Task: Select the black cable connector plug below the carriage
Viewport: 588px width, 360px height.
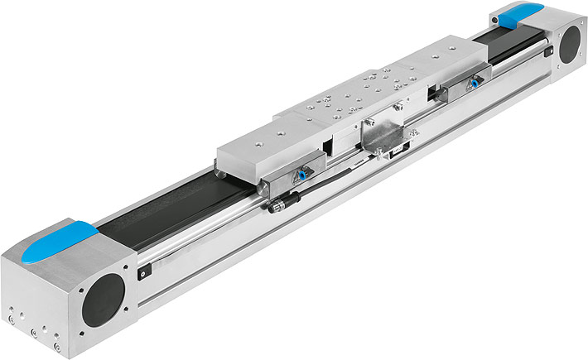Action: coord(276,204)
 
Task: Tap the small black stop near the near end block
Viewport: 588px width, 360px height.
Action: coord(142,270)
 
